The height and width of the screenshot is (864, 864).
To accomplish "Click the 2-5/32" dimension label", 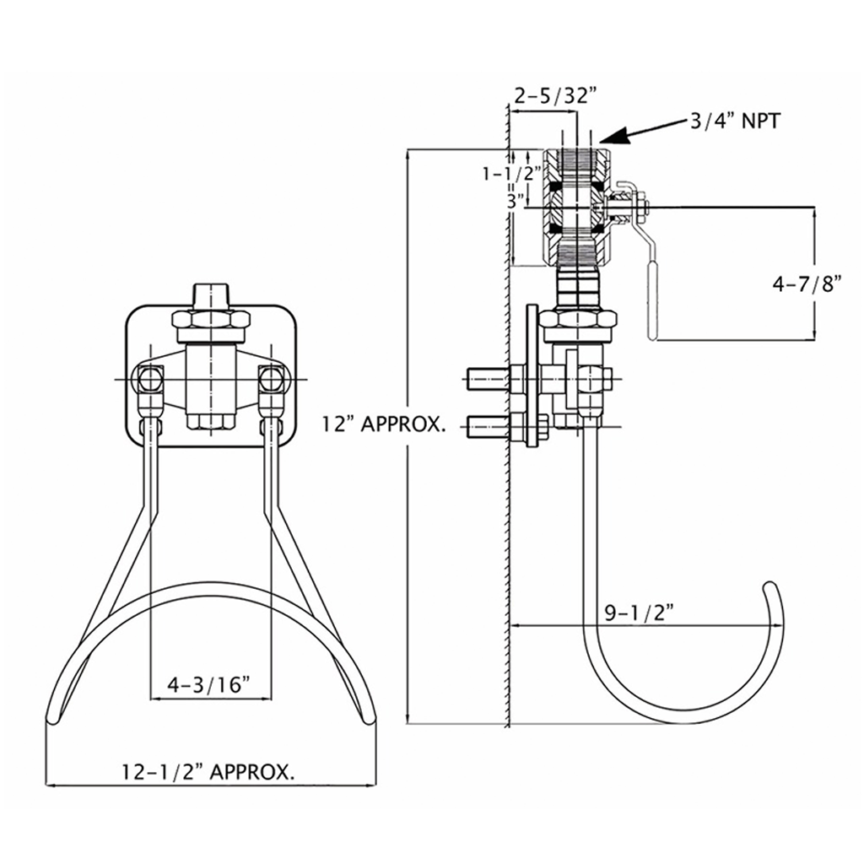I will [x=550, y=96].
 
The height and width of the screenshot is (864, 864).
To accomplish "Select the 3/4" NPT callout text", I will [x=735, y=121].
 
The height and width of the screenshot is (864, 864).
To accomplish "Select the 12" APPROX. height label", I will [x=383, y=424].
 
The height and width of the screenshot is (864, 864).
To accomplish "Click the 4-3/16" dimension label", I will [x=210, y=683].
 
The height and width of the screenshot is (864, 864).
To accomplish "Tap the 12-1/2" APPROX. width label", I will [x=208, y=770].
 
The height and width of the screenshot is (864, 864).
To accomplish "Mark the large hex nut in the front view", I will [x=211, y=321].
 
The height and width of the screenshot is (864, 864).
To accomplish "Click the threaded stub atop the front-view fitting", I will [x=211, y=296].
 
